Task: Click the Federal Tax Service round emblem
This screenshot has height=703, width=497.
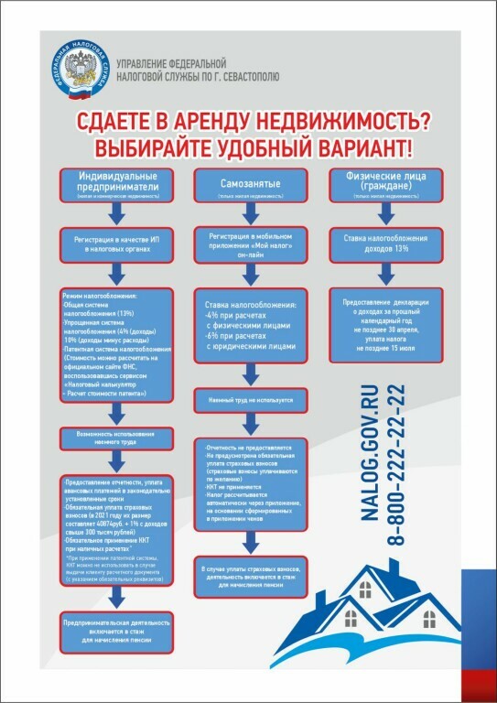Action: (77, 70)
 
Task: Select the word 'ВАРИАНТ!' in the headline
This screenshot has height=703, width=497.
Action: (360, 147)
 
